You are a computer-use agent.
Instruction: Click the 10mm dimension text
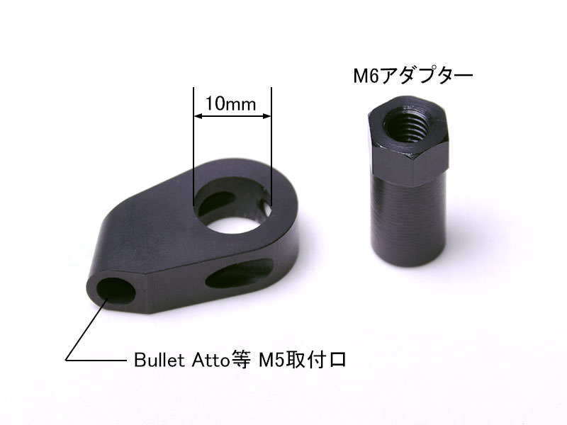point(231,103)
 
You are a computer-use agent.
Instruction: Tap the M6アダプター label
point(413,76)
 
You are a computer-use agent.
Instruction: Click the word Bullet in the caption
point(159,360)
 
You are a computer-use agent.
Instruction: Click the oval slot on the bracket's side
point(240,273)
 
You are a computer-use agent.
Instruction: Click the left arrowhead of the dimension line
point(198,116)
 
